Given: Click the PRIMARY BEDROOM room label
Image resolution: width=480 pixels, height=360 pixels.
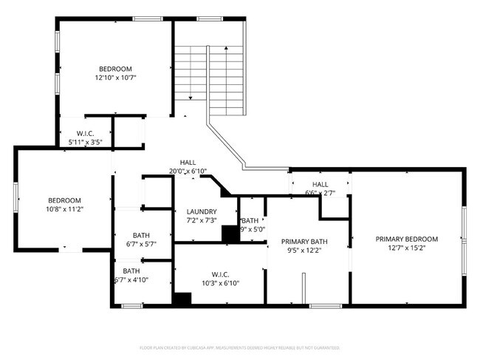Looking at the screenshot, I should (406, 239).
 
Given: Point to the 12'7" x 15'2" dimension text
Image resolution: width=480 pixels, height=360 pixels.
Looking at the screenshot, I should (406, 248).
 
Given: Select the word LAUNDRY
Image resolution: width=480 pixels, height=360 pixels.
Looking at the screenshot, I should (201, 211).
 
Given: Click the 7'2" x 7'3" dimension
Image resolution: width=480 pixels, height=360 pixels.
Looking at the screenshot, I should (201, 220).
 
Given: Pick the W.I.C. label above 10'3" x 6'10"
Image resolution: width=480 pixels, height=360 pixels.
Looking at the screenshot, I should (221, 274).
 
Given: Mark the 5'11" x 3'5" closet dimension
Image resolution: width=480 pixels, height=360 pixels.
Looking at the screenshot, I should (85, 141).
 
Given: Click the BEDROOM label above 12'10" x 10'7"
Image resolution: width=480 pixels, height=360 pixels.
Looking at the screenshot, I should (116, 69).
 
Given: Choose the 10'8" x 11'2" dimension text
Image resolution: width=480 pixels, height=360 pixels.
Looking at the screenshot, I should (64, 209).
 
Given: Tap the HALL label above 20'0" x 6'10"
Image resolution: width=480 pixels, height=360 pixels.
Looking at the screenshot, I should (188, 163).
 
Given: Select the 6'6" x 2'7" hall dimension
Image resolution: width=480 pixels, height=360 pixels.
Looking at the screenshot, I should (320, 193).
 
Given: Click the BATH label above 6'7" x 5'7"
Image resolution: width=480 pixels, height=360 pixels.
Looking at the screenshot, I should (141, 235).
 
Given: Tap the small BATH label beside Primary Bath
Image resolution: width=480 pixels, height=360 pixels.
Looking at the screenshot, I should (251, 220).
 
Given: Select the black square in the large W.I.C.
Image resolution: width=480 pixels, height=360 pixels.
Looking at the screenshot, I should (182, 299).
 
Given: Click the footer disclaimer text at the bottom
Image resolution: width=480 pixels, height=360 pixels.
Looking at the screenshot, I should (239, 347).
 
